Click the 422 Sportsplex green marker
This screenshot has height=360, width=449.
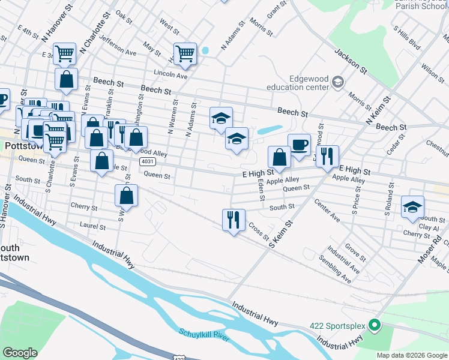point(375,326)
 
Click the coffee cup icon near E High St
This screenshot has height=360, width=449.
point(299,145)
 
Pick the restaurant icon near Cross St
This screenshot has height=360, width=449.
point(234,220)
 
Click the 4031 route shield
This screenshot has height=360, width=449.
point(147,162)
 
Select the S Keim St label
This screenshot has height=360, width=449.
point(280,234)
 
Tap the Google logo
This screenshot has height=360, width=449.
point(20,352)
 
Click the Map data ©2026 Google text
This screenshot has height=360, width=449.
point(412,355)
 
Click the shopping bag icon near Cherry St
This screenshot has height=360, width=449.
point(127,196)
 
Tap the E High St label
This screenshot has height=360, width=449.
point(258,173)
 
